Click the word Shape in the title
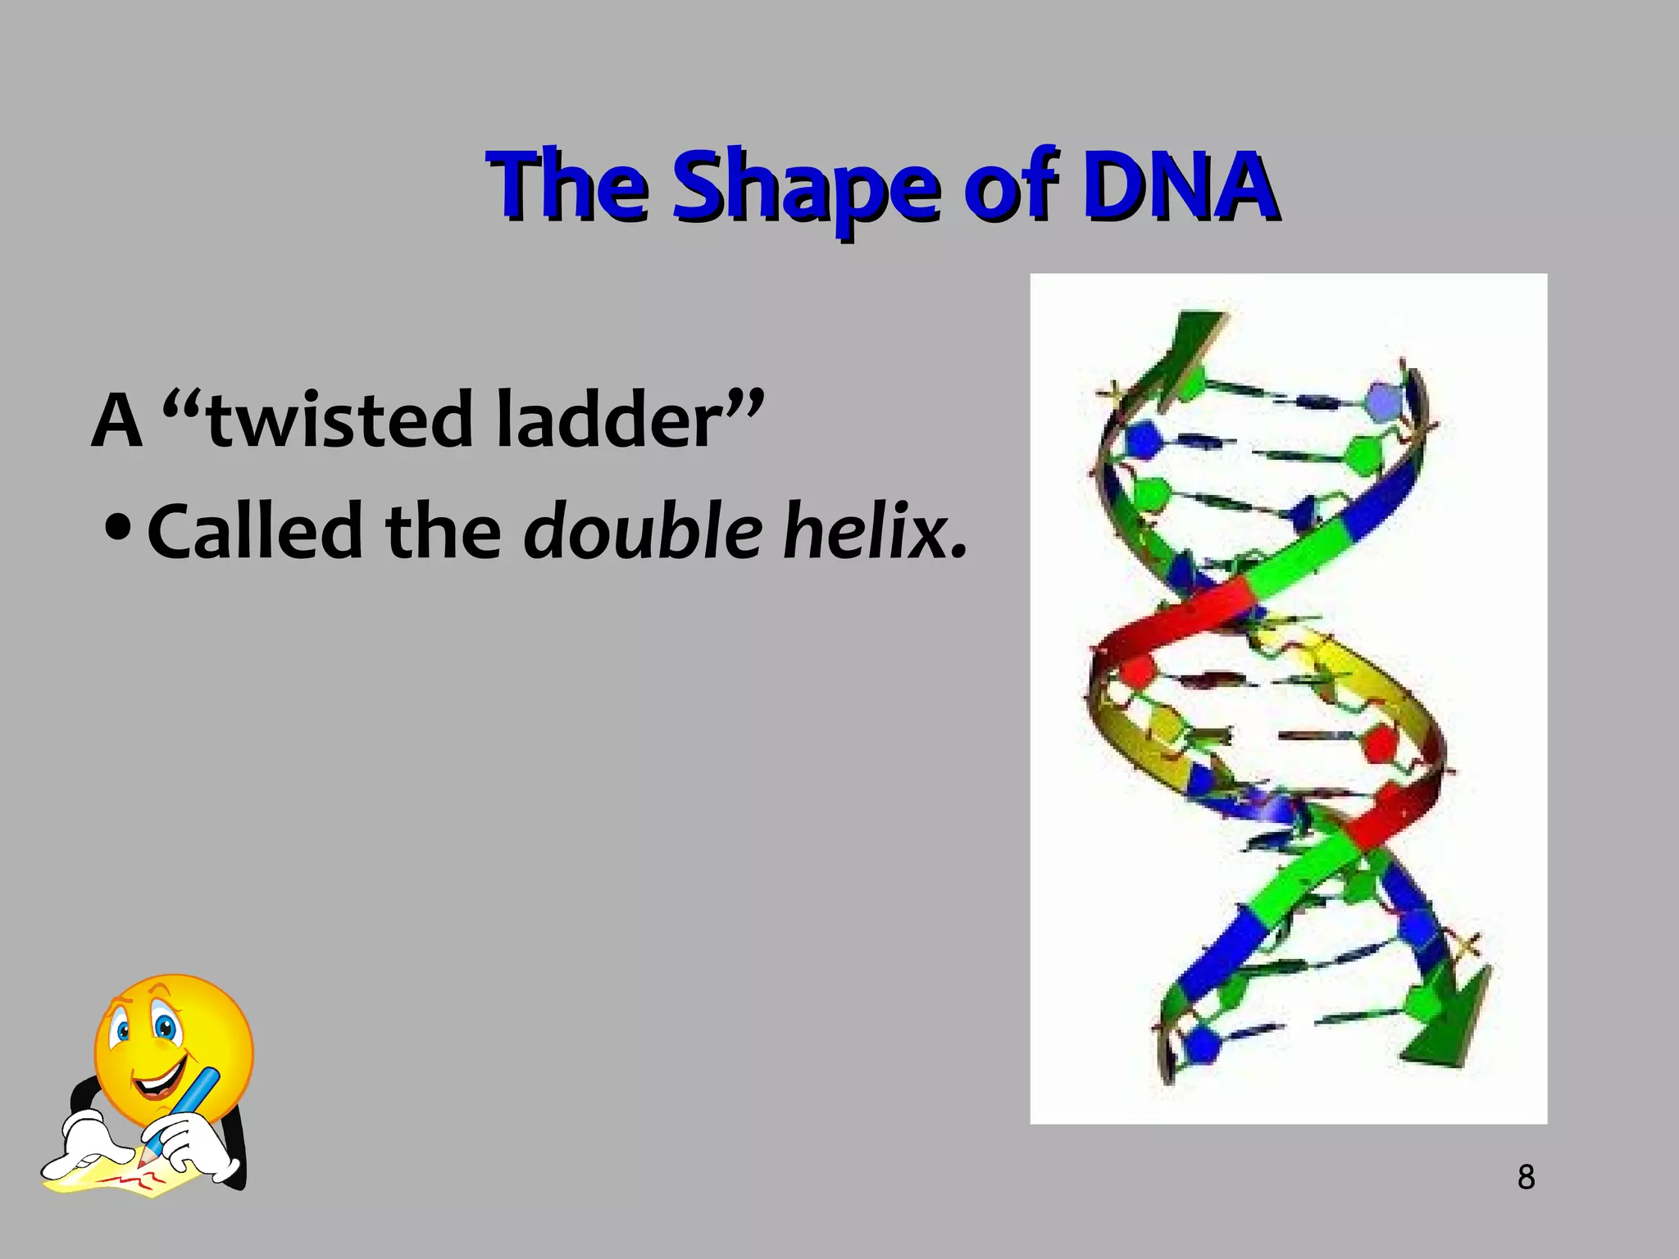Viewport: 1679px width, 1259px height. [x=803, y=187]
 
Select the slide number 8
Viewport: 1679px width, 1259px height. [x=1526, y=1177]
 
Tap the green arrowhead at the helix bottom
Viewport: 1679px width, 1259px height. [x=1452, y=1025]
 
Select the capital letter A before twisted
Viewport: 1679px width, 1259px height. [x=116, y=420]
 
